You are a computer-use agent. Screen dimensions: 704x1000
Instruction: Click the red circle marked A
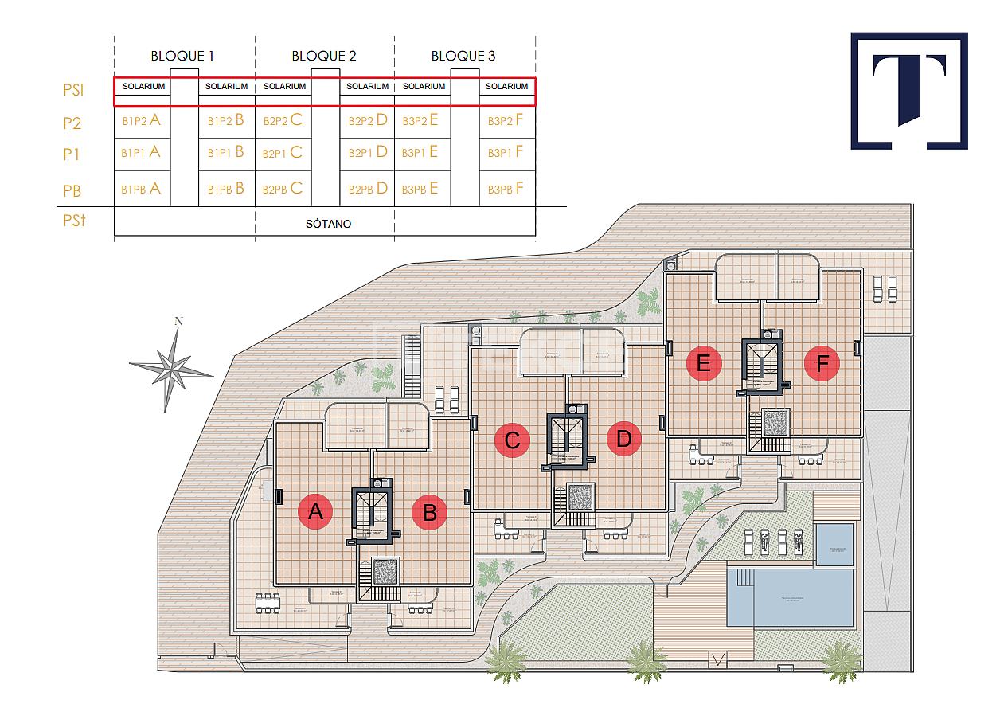click(x=315, y=511)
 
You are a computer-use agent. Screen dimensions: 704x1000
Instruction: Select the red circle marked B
click(x=430, y=512)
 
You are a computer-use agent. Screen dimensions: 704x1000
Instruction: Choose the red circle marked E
click(x=704, y=364)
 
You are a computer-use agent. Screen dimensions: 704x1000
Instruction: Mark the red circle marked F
click(x=822, y=364)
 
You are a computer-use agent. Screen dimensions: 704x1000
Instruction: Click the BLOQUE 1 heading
click(x=182, y=56)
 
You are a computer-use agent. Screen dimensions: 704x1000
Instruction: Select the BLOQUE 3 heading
click(x=463, y=56)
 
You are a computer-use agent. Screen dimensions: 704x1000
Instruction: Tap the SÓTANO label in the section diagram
click(x=328, y=224)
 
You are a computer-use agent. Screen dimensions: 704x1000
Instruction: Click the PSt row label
click(x=74, y=221)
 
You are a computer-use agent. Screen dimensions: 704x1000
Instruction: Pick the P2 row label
click(x=72, y=123)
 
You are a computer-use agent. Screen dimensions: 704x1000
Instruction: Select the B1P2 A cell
click(x=142, y=121)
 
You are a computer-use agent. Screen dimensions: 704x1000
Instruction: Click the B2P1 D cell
click(x=368, y=152)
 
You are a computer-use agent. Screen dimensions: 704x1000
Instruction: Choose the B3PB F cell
click(x=506, y=189)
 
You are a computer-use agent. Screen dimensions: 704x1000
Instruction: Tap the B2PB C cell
click(x=284, y=189)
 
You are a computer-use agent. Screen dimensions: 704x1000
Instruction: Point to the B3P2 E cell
click(x=420, y=121)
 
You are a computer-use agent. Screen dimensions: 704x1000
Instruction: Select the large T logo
click(x=909, y=90)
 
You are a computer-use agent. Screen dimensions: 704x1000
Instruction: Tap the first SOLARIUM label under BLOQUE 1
click(x=143, y=86)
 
